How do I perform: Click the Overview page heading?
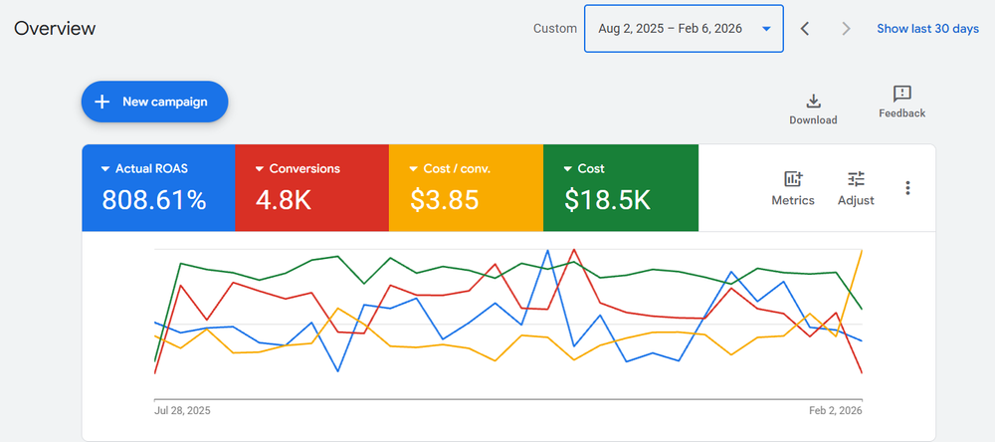click(x=55, y=28)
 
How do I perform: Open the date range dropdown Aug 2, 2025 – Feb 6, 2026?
click(x=684, y=29)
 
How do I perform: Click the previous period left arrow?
click(x=805, y=29)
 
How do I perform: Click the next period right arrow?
click(x=846, y=29)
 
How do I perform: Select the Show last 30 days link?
click(x=927, y=29)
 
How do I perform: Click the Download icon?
click(x=813, y=101)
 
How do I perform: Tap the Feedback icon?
click(x=901, y=95)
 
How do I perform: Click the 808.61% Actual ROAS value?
click(x=154, y=200)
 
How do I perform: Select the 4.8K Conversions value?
click(x=284, y=200)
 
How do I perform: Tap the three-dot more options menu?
click(x=907, y=188)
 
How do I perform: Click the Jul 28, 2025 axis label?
click(x=182, y=410)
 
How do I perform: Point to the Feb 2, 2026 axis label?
click(x=835, y=410)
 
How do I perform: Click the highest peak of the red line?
click(x=573, y=250)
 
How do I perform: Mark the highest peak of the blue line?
click(x=547, y=251)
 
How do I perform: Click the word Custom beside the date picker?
click(x=554, y=29)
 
